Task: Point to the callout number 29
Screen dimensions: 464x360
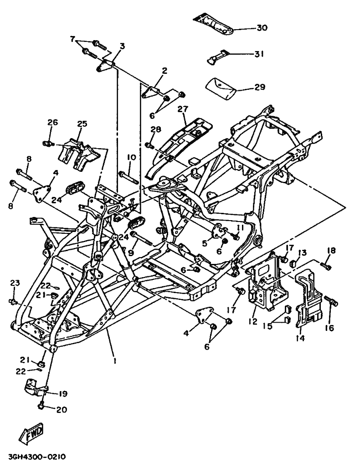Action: pos(259,87)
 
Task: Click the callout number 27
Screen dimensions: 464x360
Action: pos(183,109)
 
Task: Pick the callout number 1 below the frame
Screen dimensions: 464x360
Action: pos(115,361)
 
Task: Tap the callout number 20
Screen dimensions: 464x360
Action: pos(61,409)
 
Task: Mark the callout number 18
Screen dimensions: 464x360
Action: pos(331,250)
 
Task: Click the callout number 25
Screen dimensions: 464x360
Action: pos(82,124)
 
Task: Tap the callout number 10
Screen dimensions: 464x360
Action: pos(131,157)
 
